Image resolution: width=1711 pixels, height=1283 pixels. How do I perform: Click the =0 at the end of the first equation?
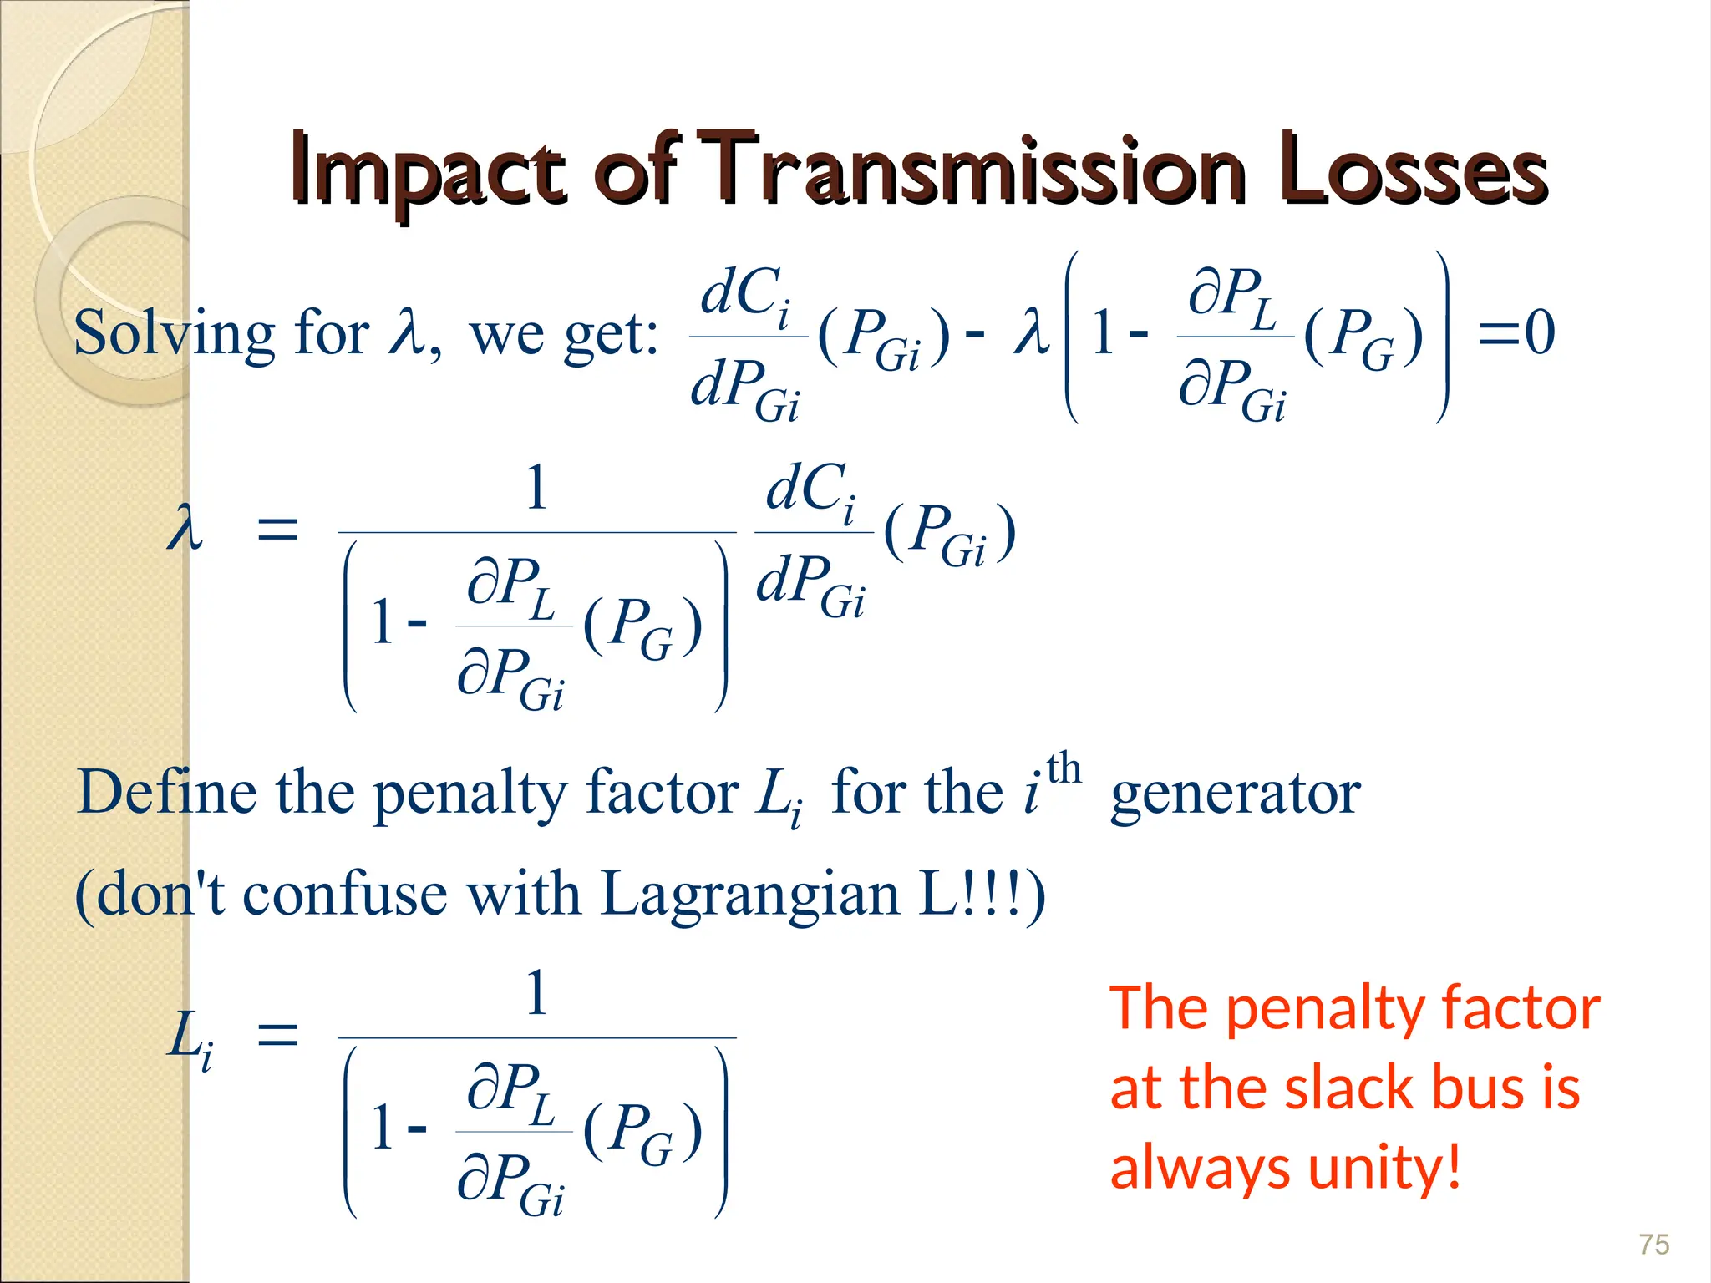(1516, 332)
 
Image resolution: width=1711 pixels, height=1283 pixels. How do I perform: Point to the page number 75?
(1653, 1245)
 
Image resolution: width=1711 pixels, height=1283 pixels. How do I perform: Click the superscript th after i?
(1064, 768)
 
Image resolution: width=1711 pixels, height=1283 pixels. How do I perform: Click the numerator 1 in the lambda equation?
(536, 488)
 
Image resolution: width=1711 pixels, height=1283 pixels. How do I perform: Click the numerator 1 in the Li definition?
(536, 993)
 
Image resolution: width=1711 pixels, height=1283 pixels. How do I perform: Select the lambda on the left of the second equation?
(185, 530)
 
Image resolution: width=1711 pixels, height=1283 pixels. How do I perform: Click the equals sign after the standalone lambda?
(277, 530)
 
